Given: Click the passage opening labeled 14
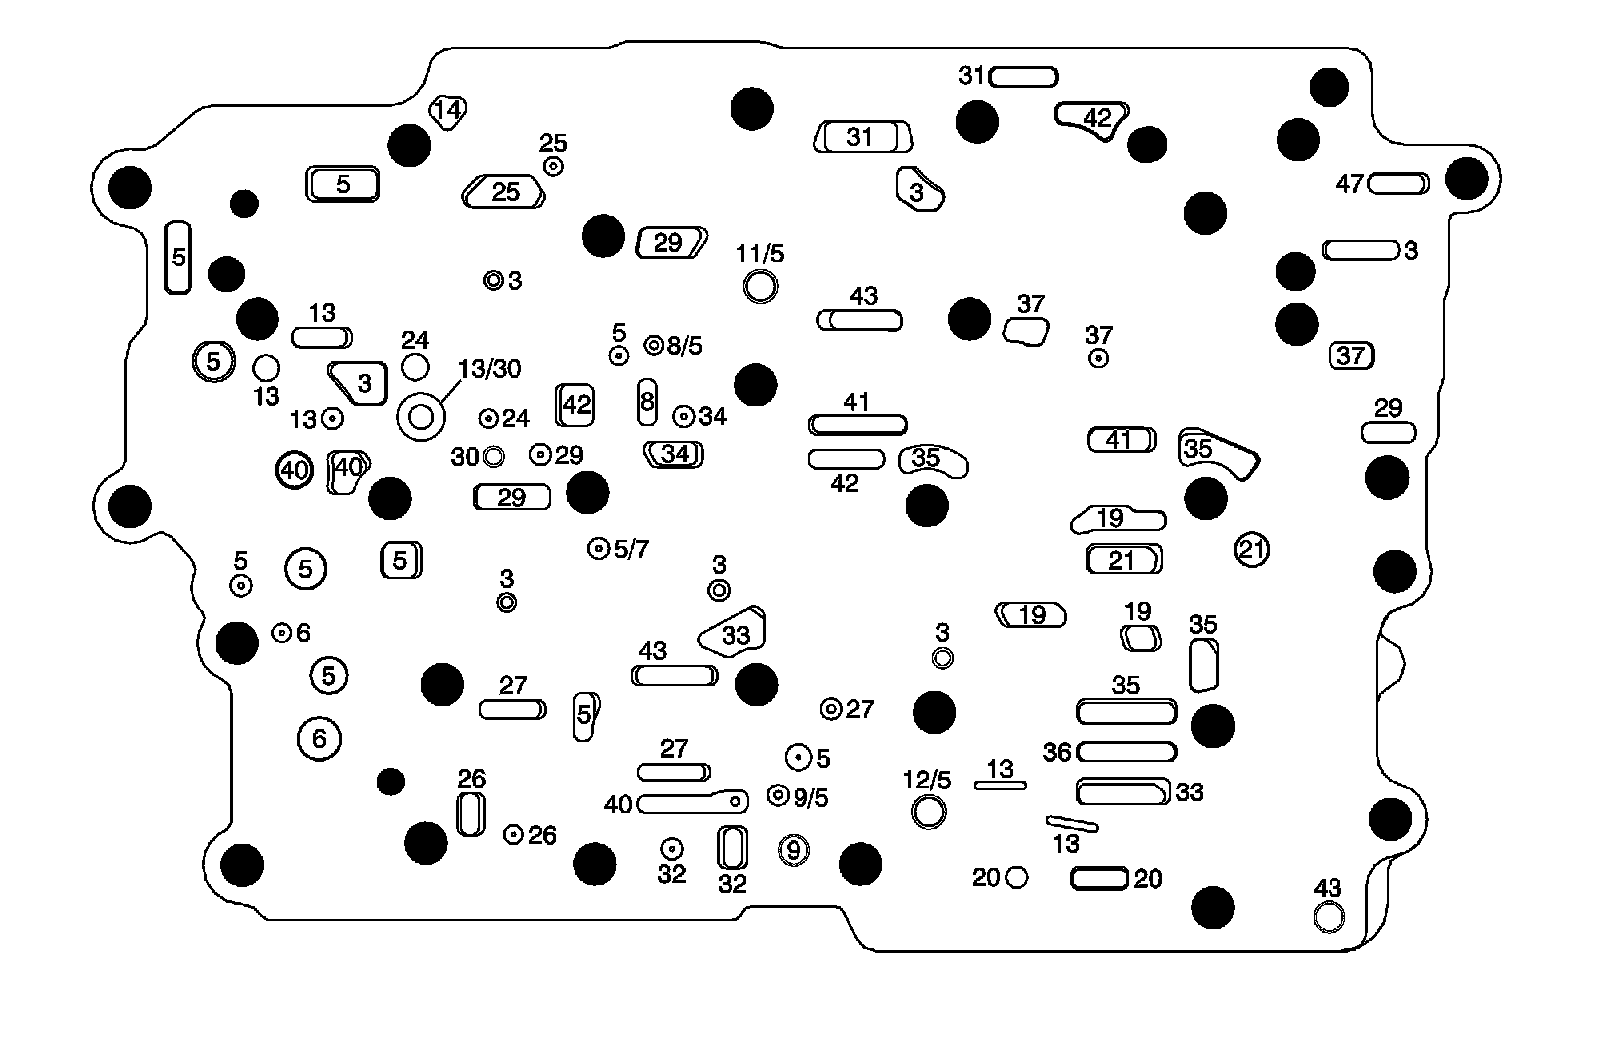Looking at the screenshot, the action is point(448,111).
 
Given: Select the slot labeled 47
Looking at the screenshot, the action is point(1398,184).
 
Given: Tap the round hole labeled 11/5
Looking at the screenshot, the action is point(760,287).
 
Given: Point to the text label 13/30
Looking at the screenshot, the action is point(490,368).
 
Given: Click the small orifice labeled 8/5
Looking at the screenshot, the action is point(654,345).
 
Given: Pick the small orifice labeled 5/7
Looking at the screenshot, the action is point(598,548).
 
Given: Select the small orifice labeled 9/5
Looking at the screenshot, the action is point(778,794).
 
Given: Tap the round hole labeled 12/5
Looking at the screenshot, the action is point(929,811).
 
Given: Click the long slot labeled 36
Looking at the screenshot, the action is point(1127,752).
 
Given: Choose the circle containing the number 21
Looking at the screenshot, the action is point(1252,550).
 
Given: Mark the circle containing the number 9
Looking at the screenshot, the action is point(794,849).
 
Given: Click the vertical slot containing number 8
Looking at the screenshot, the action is point(647,402).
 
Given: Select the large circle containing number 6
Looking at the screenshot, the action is point(319,738).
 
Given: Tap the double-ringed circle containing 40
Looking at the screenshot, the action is point(294,470).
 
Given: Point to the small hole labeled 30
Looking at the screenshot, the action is point(493,456).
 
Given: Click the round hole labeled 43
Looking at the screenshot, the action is point(1329,916).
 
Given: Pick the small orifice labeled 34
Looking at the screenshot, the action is point(683,416).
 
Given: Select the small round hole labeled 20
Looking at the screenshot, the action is point(1017,877).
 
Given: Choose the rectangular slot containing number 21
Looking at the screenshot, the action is point(1124,560).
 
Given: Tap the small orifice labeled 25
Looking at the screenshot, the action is point(553,166).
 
